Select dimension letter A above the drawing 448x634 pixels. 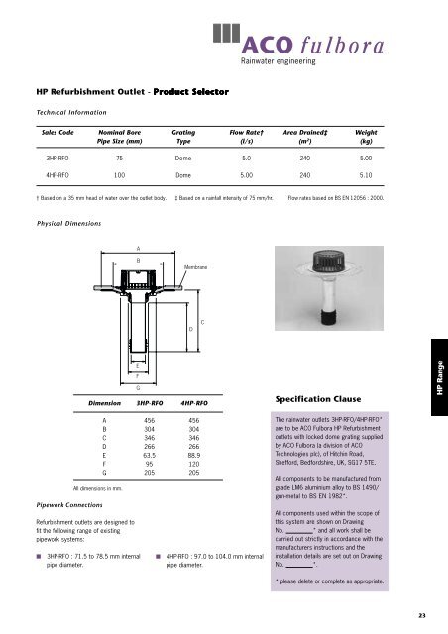pos(125,247)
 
